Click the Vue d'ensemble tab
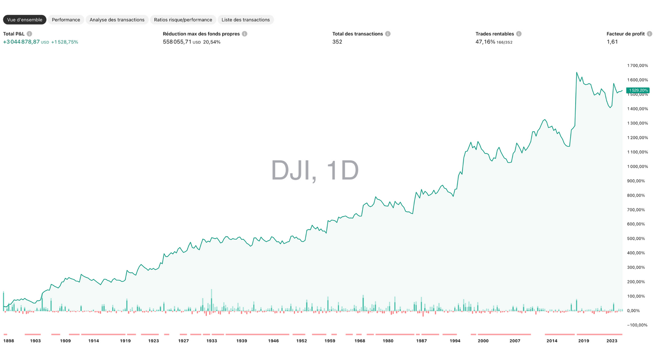[25, 20]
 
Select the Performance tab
[66, 20]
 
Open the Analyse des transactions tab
[117, 20]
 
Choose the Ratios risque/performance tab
[183, 20]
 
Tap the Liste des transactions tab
[246, 20]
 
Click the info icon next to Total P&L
[30, 34]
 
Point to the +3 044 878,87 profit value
[21, 42]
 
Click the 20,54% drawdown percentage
[212, 42]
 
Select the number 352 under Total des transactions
[337, 42]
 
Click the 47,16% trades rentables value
[485, 42]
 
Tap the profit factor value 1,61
[612, 42]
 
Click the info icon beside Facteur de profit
[650, 34]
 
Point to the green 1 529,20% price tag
[638, 90]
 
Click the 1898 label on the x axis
[9, 340]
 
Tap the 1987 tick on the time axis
[421, 340]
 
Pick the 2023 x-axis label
[612, 340]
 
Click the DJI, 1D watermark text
[315, 171]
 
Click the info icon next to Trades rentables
[519, 34]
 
